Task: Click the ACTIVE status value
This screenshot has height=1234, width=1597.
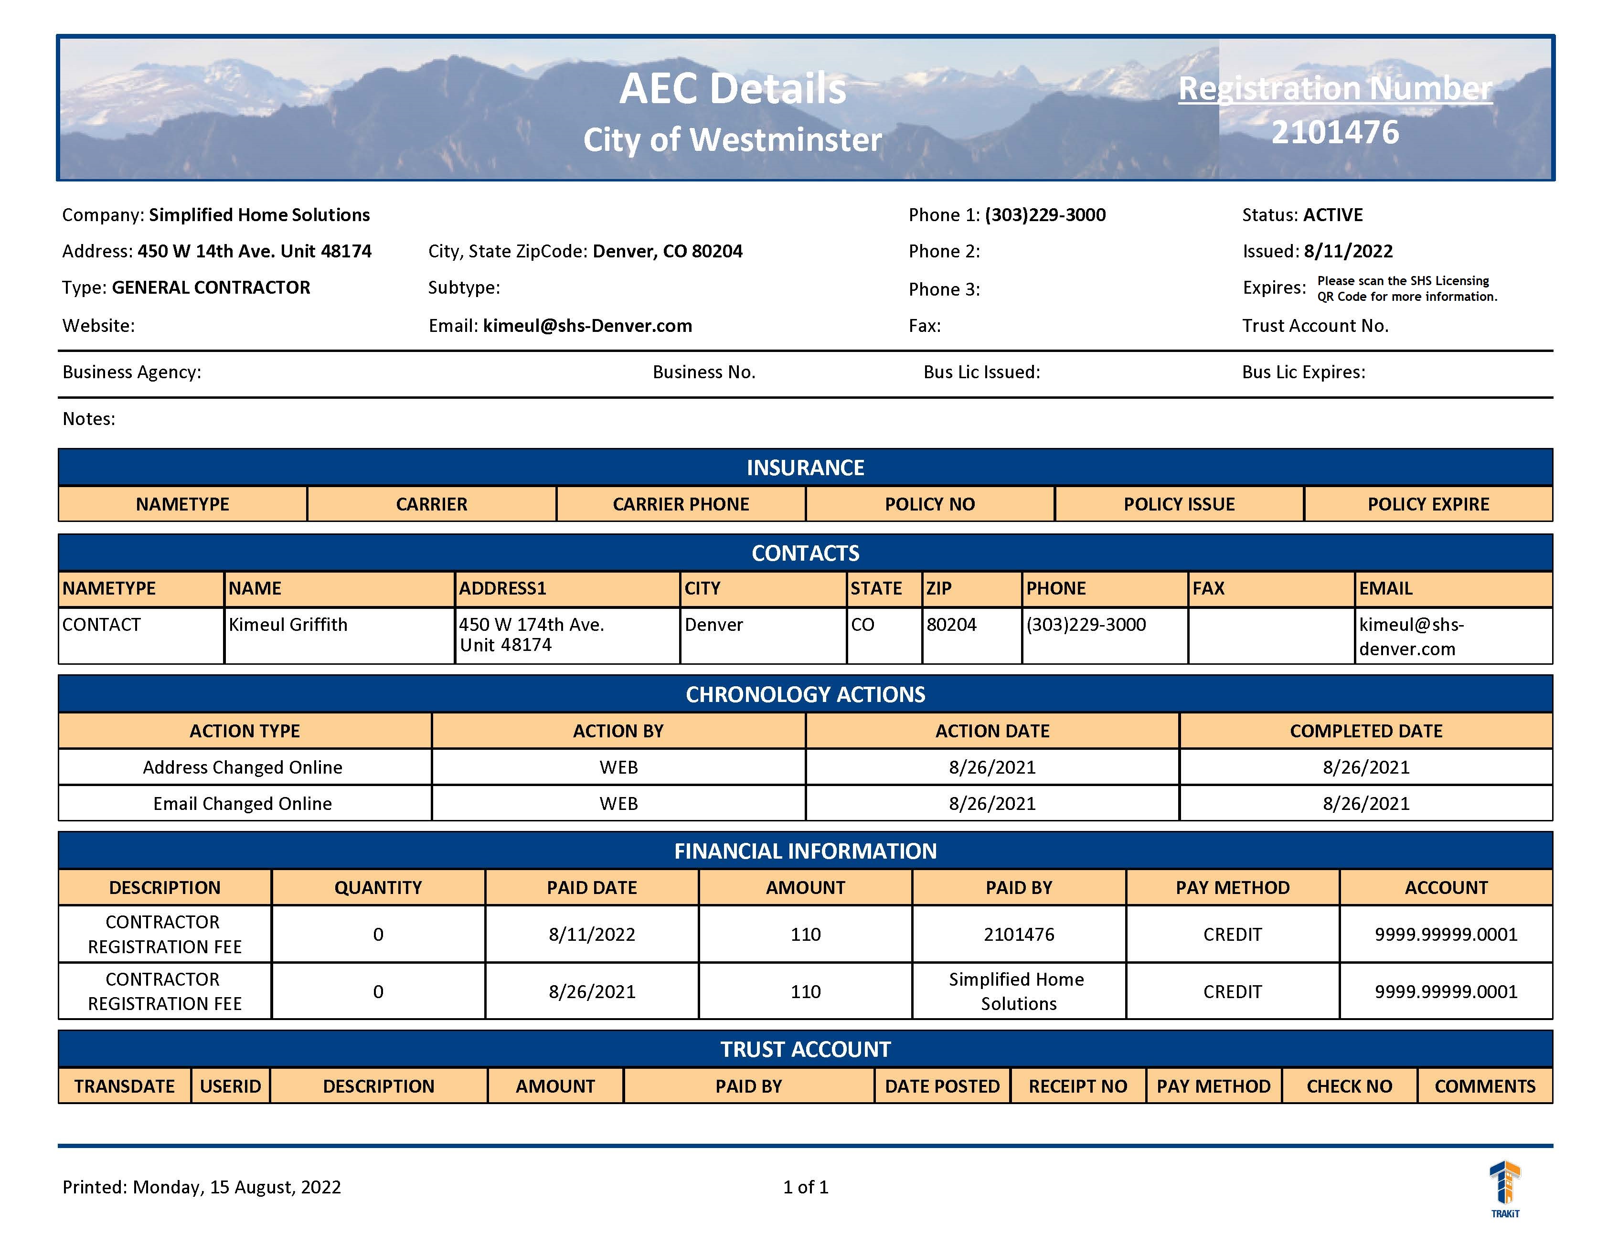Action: (1333, 215)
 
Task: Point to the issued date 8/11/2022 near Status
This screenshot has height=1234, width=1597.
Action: (1348, 252)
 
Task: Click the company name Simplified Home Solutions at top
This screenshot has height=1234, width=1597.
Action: (260, 215)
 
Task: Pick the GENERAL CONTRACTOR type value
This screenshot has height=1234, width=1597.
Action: (211, 287)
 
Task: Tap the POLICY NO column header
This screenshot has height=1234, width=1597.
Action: (929, 504)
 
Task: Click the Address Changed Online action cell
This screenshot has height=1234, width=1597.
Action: (243, 767)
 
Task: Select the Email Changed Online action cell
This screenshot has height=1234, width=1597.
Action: (243, 803)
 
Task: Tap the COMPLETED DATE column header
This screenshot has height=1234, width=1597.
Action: (1366, 731)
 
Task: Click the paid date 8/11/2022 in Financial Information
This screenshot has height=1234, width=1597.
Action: (592, 934)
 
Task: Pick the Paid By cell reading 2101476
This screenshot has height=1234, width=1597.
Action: (1019, 934)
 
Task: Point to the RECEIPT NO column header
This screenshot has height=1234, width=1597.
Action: (1078, 1086)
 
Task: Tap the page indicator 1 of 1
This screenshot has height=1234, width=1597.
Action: (805, 1187)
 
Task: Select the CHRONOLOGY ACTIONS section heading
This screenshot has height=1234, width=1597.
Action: (805, 694)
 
